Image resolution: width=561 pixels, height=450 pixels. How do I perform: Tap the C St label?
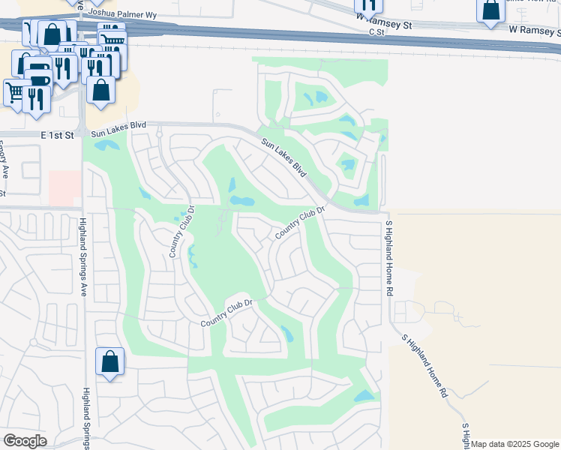pos(376,33)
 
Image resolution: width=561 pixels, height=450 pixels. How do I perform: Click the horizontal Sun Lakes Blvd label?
pos(118,130)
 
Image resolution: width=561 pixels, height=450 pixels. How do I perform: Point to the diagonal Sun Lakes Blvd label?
pos(284,158)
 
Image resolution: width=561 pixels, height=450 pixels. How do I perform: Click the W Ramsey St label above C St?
pos(385,25)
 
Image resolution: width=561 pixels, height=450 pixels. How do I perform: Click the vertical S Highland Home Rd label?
pos(388,255)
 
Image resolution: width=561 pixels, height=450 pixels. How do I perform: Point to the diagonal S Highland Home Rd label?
pos(424,365)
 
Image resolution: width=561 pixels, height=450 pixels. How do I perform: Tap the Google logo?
pos(25,440)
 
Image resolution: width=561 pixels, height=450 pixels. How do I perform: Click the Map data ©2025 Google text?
pos(514,444)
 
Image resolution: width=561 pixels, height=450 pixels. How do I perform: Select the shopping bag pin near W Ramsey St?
pos(490,10)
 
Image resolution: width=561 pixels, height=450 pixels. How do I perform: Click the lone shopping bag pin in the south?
pos(109,361)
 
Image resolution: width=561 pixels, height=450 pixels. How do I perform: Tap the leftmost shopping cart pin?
pos(15,92)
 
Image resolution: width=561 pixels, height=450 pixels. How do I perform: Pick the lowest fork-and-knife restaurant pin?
pos(36,97)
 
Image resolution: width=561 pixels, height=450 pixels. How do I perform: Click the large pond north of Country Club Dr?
pos(241,201)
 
